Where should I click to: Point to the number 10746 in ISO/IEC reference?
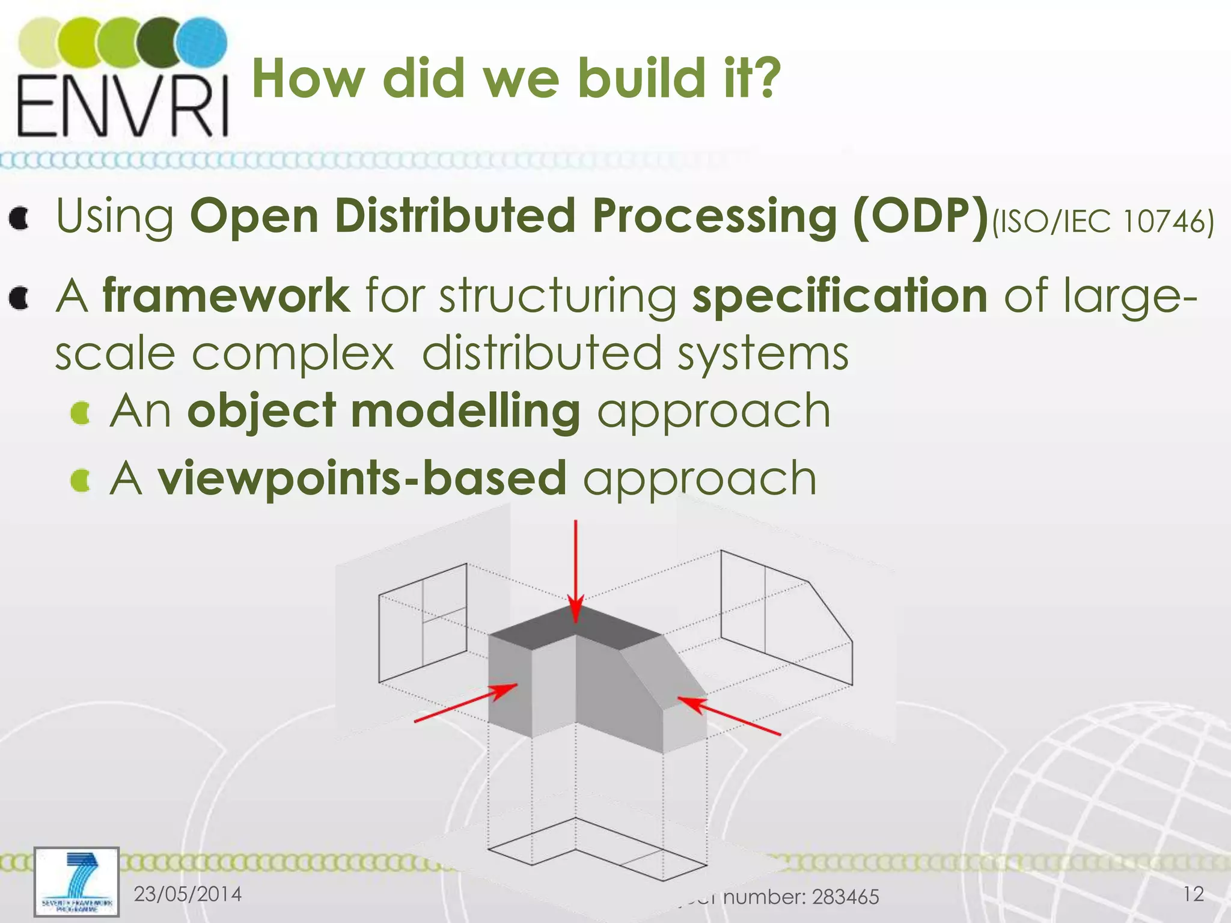[x=1162, y=221]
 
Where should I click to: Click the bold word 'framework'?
[x=226, y=295]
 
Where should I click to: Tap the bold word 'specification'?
[x=840, y=295]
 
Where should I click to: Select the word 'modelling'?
[x=465, y=411]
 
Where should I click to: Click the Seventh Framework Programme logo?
[x=76, y=882]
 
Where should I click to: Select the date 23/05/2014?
[x=188, y=894]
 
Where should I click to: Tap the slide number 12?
[x=1193, y=894]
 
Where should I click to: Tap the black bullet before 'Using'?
[x=20, y=219]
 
